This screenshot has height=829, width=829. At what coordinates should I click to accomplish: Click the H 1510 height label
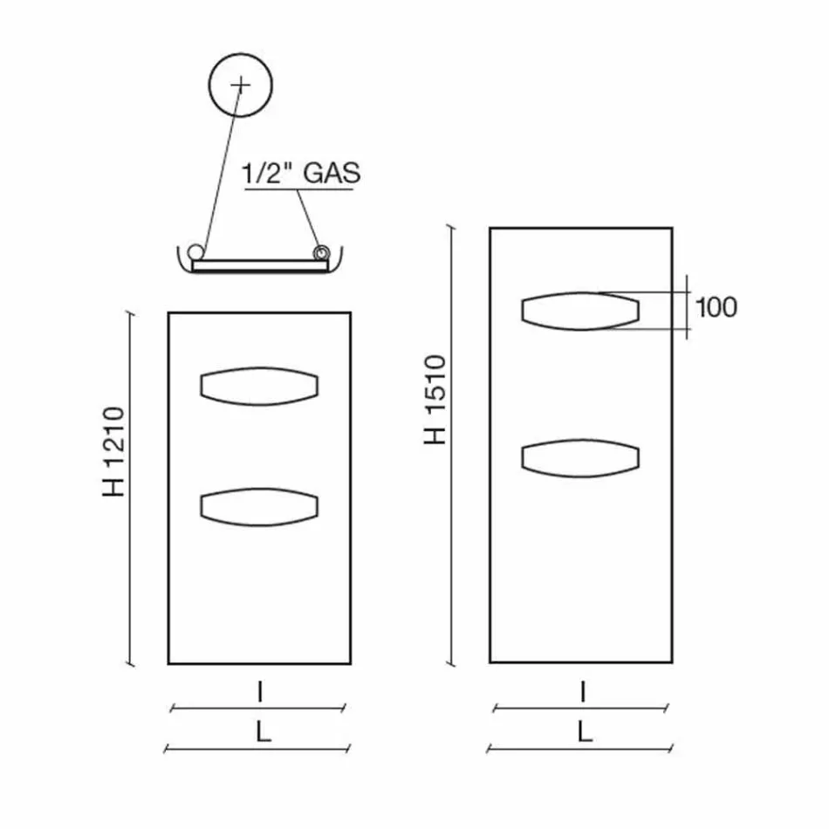pyautogui.click(x=435, y=399)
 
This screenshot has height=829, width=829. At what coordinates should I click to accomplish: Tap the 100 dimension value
pyautogui.click(x=716, y=307)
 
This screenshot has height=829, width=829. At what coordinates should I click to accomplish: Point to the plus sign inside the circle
pyautogui.click(x=240, y=85)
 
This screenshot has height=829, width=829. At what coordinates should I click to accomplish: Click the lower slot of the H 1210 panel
pyautogui.click(x=259, y=507)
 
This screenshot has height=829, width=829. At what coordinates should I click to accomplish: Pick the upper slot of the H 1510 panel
pyautogui.click(x=580, y=311)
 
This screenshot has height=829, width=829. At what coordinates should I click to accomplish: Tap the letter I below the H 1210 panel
pyautogui.click(x=260, y=693)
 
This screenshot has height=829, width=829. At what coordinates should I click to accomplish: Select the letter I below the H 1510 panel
pyautogui.click(x=582, y=693)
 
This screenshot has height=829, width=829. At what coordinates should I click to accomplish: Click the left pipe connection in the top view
pyautogui.click(x=200, y=252)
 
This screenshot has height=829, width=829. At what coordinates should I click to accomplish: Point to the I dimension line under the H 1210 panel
pyautogui.click(x=259, y=709)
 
